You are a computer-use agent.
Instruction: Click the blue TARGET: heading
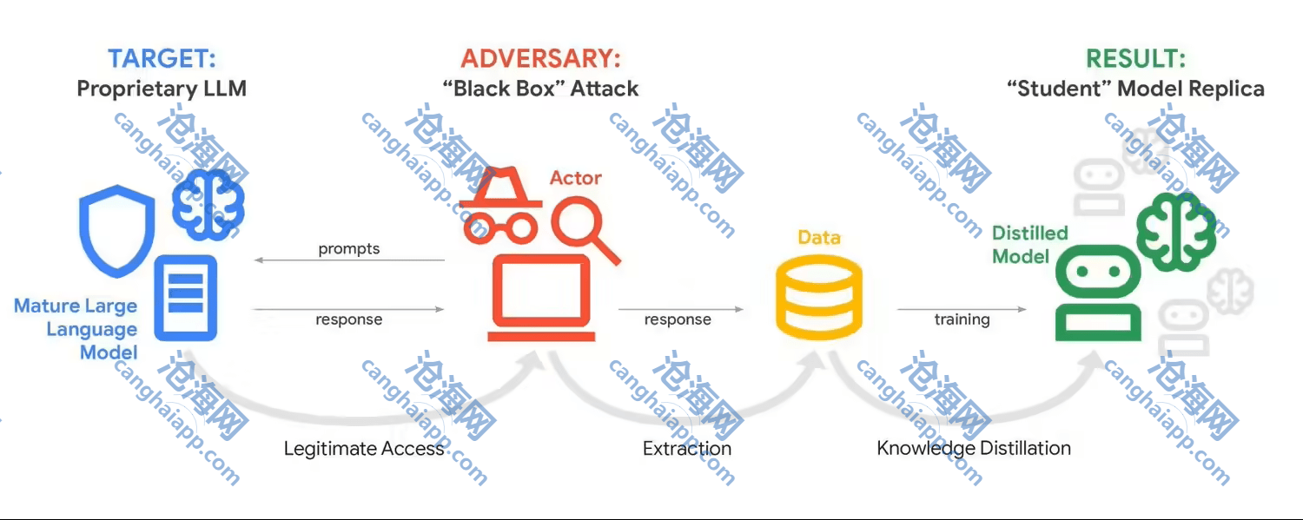tap(162, 59)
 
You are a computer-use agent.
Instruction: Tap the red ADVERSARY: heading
tap(540, 59)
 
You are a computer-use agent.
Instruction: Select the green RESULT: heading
tap(1135, 59)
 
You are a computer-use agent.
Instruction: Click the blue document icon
tap(185, 297)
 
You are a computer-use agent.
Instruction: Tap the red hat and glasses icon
tap(497, 205)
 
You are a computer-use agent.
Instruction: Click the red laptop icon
tap(539, 299)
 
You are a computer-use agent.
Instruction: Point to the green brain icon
tap(1176, 229)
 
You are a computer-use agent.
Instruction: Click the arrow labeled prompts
tap(349, 260)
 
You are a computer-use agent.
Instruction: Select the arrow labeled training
tap(961, 309)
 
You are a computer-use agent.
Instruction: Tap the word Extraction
tap(686, 449)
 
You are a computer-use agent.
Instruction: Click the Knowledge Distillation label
tap(973, 449)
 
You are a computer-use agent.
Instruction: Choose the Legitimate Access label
tap(364, 449)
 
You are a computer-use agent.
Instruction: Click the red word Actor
tap(575, 178)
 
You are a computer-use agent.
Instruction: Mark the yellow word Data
tap(818, 237)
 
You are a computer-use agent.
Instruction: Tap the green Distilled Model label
tap(1029, 245)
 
